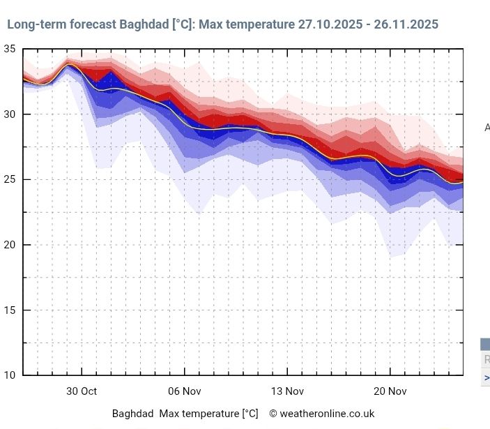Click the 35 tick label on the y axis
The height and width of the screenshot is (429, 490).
coord(10,49)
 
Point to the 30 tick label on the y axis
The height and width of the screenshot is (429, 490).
coord(10,114)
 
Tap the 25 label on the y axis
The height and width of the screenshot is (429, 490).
coord(10,179)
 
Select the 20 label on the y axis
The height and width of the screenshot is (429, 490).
coord(10,245)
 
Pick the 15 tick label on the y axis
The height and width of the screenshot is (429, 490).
coord(10,310)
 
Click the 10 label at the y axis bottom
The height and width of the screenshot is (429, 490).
coord(10,375)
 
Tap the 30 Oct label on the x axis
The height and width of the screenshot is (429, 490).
coord(82,391)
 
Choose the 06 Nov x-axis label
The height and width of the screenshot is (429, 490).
coord(184,391)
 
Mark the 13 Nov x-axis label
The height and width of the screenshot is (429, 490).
coord(287,391)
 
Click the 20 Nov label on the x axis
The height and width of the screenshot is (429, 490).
coord(390,391)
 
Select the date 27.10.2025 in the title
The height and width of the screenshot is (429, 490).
coord(330,24)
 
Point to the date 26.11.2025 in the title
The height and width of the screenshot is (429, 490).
coord(406,24)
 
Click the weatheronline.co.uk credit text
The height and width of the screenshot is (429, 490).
coord(327,414)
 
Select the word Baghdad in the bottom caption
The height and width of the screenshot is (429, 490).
coord(132,414)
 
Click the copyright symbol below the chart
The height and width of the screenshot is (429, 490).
coord(273,414)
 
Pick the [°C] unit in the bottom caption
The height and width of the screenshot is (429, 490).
coord(250,414)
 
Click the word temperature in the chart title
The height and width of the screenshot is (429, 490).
coord(259,24)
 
